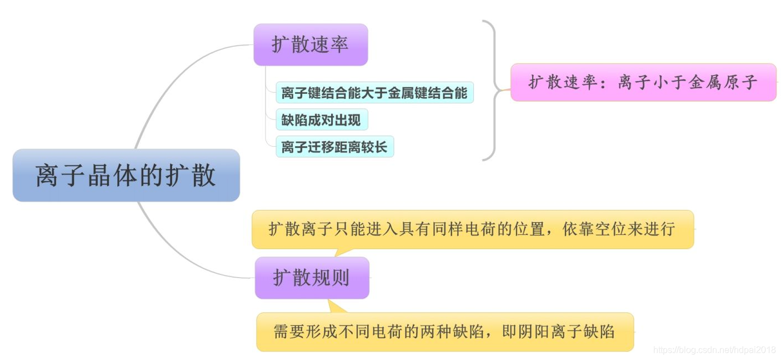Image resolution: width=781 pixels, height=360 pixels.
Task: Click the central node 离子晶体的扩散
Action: pos(126,175)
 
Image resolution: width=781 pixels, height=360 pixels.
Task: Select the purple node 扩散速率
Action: pos(311,44)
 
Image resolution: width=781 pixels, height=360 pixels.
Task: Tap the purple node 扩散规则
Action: pos(312,277)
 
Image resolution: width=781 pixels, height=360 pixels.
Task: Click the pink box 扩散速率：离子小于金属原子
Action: pos(643,82)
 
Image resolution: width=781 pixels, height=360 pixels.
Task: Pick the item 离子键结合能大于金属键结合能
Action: pos(374,93)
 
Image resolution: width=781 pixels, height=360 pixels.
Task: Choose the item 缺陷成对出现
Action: pos(321,119)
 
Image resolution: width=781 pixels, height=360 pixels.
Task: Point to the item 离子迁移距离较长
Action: pos(334,147)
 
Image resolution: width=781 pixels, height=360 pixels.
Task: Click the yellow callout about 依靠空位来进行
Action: pos(472,229)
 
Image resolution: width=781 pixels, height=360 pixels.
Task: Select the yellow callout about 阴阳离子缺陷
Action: pos(444,332)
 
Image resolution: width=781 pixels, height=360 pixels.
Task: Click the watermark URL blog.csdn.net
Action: pos(714,349)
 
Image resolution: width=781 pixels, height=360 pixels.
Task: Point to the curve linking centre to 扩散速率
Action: pos(167,83)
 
